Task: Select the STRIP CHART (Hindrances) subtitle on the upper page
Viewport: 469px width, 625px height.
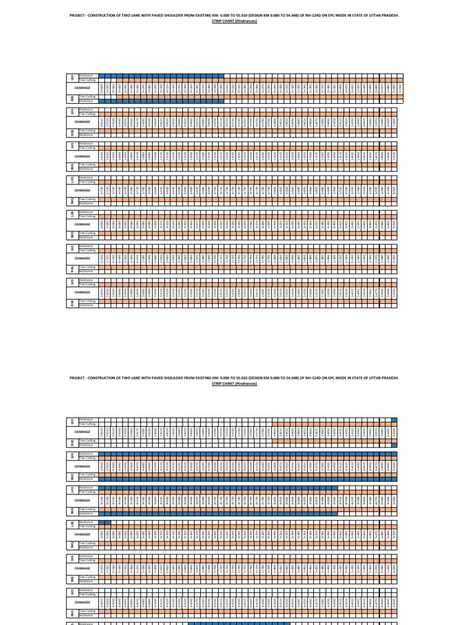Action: tap(234, 20)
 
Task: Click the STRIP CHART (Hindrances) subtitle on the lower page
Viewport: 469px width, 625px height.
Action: tap(234, 384)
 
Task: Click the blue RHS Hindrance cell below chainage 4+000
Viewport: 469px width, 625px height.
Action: tap(395, 445)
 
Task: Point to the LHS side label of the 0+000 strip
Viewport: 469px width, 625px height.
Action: tap(72, 78)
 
